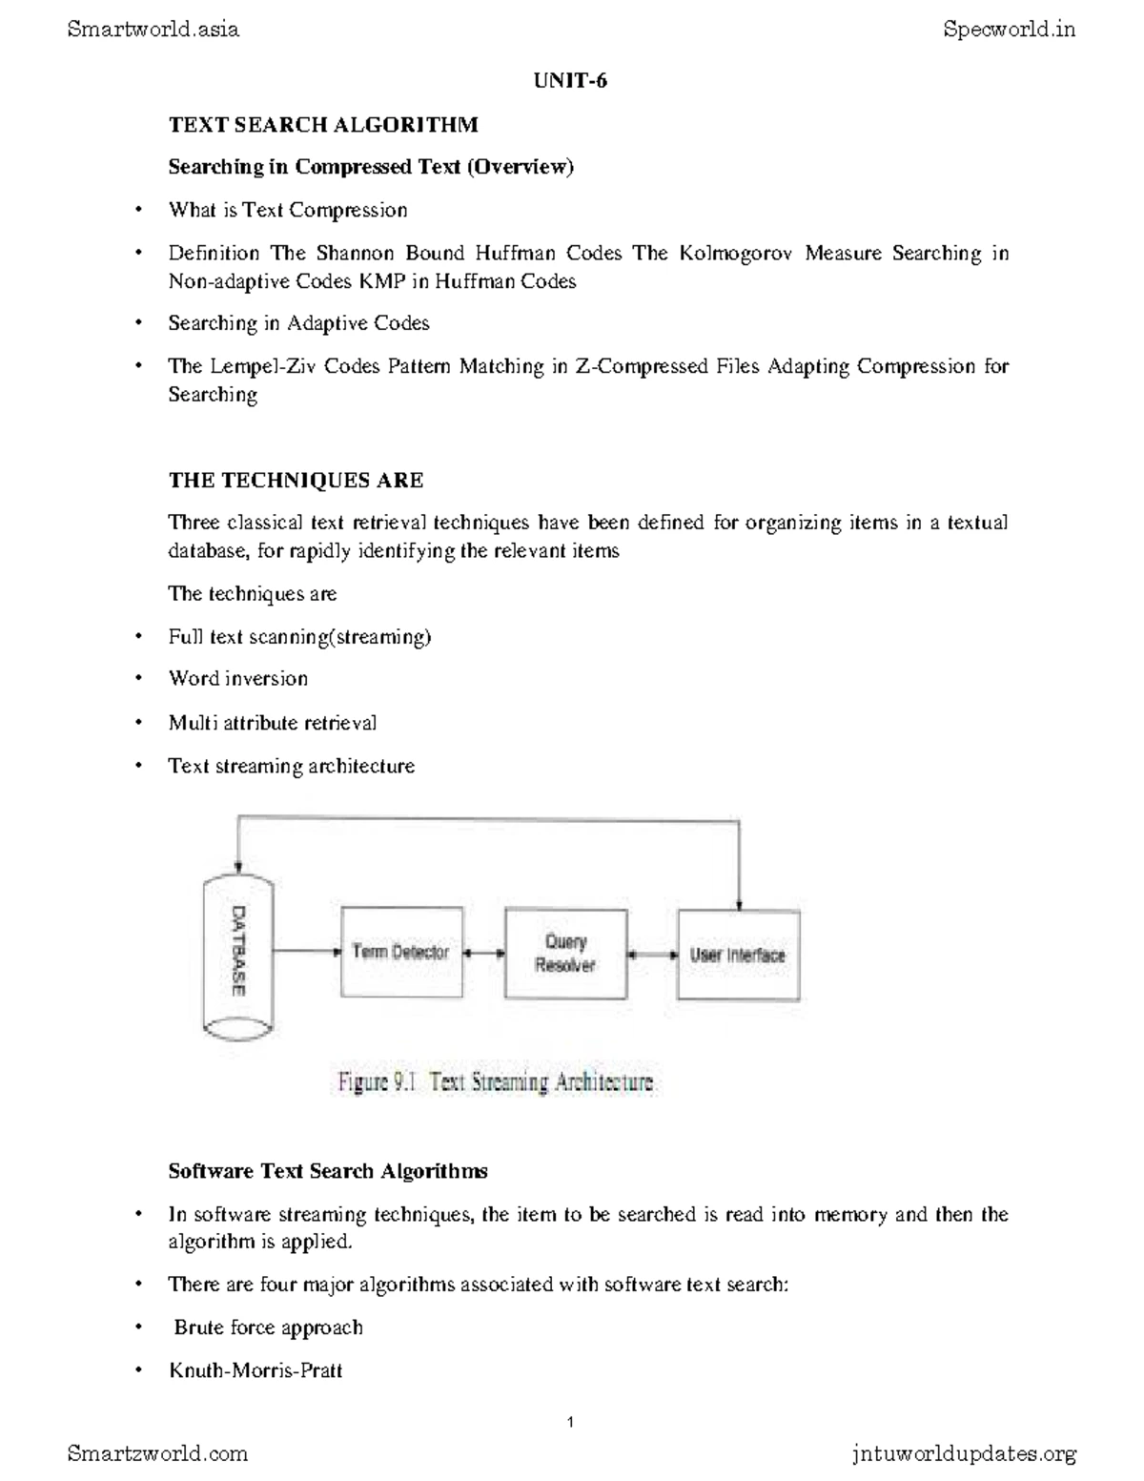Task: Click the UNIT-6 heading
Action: pos(570,81)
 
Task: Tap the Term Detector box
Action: pos(401,952)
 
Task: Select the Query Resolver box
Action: pos(565,954)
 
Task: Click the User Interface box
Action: pos(738,955)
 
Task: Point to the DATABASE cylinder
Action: pos(237,953)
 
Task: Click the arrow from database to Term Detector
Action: pos(306,951)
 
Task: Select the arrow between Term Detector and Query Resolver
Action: pos(483,952)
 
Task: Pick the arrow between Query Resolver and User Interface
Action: pos(652,954)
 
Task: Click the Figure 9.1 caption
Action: pos(496,1082)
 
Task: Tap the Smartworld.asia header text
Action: pos(153,30)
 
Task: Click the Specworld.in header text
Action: pos(1009,30)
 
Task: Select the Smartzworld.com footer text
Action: pos(157,1453)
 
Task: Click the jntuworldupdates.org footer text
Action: pos(963,1453)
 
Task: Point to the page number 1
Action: pos(570,1423)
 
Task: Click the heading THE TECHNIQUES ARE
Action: pos(296,480)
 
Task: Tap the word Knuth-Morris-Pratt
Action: pos(255,1370)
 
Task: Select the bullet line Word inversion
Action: pos(238,679)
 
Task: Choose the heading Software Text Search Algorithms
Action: pos(328,1171)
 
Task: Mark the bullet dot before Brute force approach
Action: pos(139,1327)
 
